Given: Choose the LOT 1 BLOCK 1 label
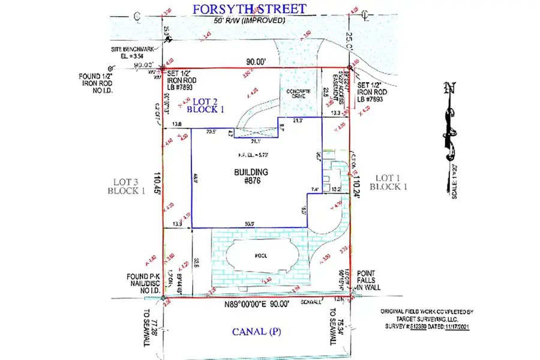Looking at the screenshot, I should [x=391, y=182].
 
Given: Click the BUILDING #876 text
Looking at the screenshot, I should [x=251, y=176].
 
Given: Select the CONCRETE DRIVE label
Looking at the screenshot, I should [x=293, y=95].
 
